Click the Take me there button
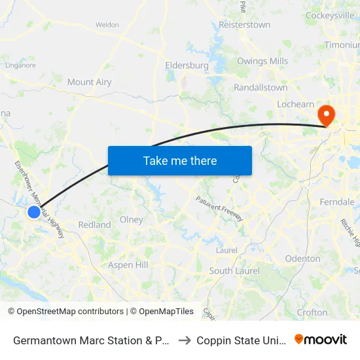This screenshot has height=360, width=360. (x=180, y=160)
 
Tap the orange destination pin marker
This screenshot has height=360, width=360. (x=325, y=115)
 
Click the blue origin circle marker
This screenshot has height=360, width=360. (x=33, y=211)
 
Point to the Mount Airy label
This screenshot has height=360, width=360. (x=89, y=82)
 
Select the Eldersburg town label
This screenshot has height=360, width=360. (x=187, y=65)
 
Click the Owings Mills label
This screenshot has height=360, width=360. (x=262, y=62)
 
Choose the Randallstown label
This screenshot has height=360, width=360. (x=261, y=87)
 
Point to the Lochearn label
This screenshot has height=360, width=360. (x=295, y=104)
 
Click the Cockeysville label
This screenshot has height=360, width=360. (x=330, y=15)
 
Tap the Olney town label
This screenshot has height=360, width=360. (x=132, y=220)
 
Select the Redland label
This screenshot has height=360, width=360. (x=94, y=225)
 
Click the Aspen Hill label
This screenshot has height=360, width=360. (x=128, y=265)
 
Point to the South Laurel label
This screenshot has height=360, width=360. (x=234, y=271)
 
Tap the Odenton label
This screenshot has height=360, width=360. (x=302, y=259)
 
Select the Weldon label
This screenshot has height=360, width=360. (x=107, y=25)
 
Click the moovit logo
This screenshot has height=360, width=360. (x=321, y=340)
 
